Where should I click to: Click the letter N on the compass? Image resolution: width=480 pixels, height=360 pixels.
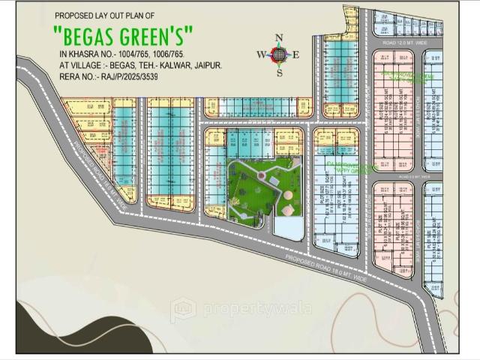[280, 38]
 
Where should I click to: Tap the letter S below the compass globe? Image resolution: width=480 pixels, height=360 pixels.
[280, 72]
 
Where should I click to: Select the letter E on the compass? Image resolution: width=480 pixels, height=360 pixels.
[295, 55]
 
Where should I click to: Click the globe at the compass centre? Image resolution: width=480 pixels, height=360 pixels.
[279, 55]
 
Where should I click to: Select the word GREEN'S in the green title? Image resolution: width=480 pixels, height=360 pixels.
[158, 35]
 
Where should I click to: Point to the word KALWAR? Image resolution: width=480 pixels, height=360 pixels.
[164, 66]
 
